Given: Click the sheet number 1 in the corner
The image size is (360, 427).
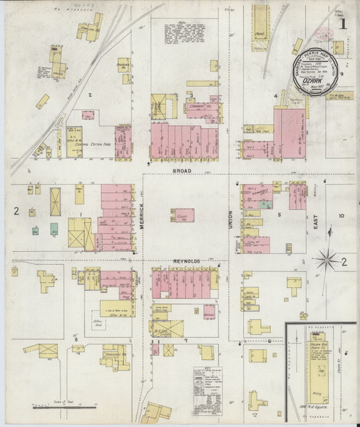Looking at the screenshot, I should [343, 24].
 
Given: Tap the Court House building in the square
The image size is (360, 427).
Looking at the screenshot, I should [184, 216].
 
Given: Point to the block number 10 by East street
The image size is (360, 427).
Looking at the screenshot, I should [342, 215].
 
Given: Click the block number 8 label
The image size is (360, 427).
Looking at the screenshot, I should [75, 340].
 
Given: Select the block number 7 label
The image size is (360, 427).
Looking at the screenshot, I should [186, 340].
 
